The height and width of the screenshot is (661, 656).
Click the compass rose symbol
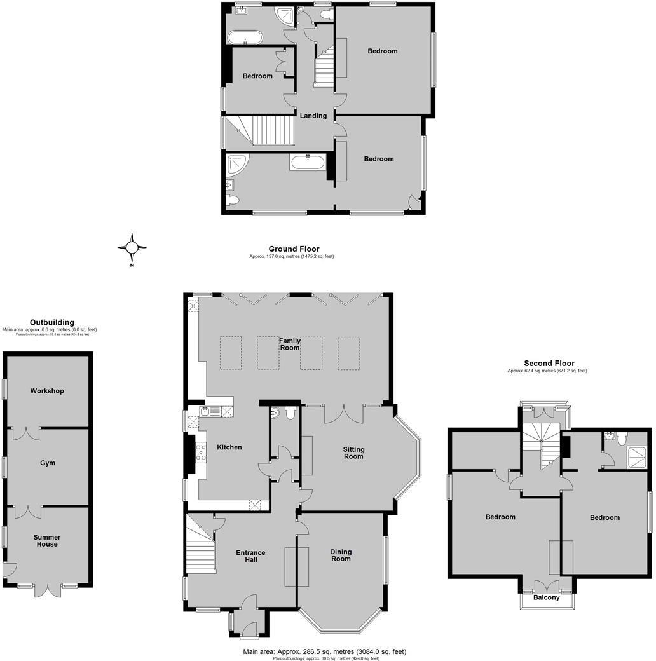(x=132, y=247)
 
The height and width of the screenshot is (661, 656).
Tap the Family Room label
(x=290, y=344)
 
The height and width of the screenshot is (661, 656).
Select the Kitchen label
(x=229, y=447)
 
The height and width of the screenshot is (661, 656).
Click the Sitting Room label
(x=353, y=453)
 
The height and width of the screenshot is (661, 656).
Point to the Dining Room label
(x=341, y=555)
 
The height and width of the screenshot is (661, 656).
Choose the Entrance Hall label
(x=250, y=557)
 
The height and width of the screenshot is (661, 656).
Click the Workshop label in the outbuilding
(x=47, y=391)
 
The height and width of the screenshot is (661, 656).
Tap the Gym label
(x=47, y=463)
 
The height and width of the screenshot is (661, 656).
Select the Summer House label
(x=47, y=541)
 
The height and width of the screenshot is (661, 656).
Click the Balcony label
(x=547, y=597)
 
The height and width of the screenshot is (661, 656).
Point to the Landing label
(x=313, y=116)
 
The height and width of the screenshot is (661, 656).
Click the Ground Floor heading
(x=294, y=249)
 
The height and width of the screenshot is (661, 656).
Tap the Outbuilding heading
(x=52, y=322)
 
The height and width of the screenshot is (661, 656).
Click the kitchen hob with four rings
(x=202, y=452)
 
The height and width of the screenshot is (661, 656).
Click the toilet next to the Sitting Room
(x=290, y=414)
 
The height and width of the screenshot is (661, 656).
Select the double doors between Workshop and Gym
(x=27, y=433)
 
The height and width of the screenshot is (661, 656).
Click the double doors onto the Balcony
(x=547, y=586)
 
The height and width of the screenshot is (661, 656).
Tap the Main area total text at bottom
(x=324, y=651)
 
